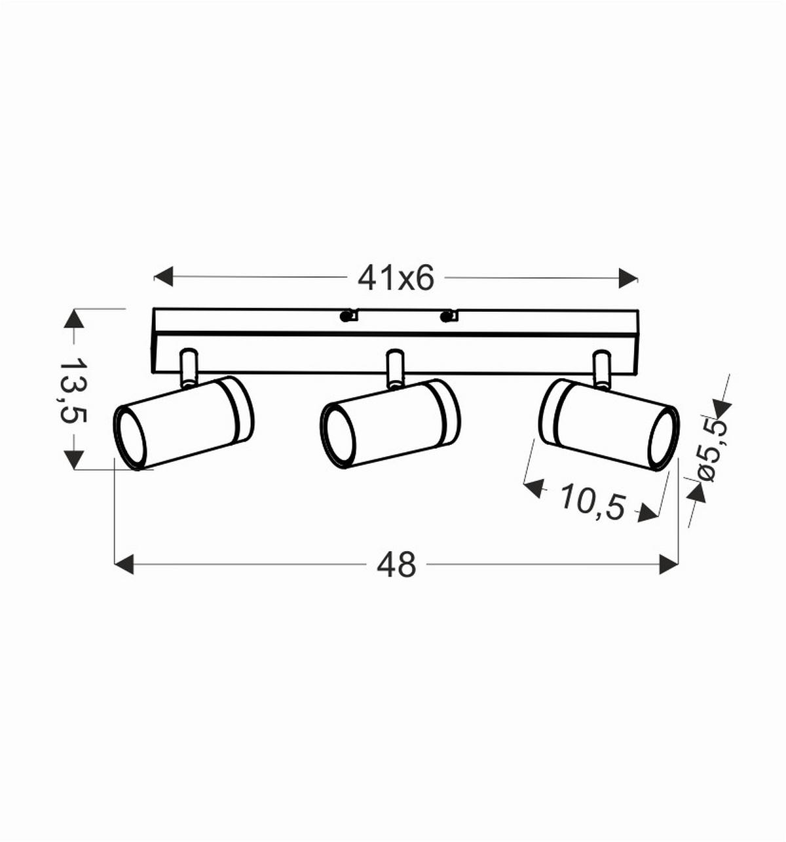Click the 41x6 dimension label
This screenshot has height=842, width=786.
click(x=396, y=278)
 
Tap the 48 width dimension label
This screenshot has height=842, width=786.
click(x=396, y=565)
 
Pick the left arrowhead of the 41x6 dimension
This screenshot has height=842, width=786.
click(x=163, y=277)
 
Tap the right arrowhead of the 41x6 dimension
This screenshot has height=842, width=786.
click(x=628, y=278)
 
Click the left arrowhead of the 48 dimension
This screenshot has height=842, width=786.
click(x=124, y=564)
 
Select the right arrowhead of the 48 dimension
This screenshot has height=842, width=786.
click(x=669, y=564)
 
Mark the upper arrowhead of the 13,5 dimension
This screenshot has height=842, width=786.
click(x=74, y=318)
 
